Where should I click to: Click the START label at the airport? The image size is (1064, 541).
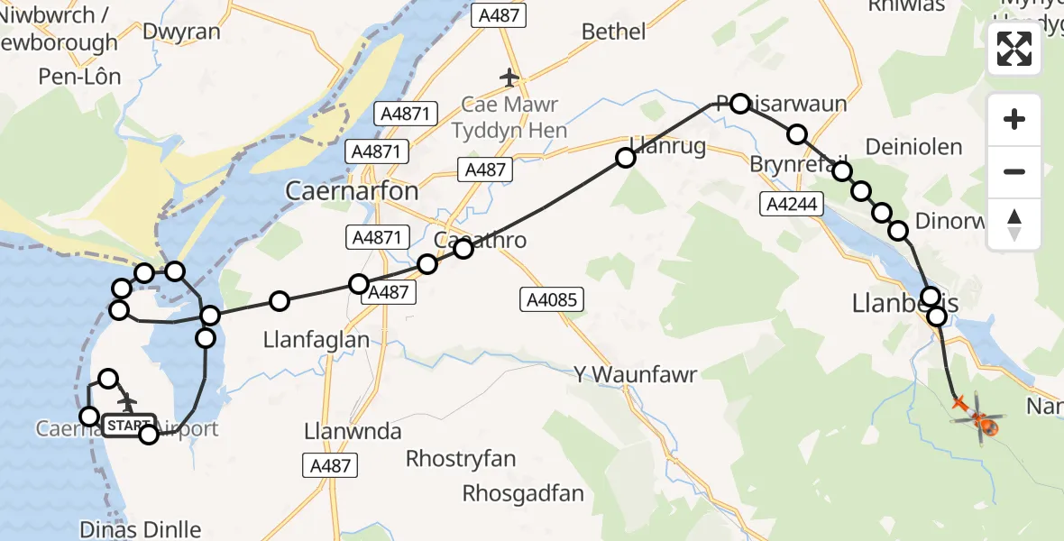click(129, 425)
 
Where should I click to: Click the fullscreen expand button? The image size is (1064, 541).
click(1014, 49)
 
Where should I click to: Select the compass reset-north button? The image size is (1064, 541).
click(1014, 224)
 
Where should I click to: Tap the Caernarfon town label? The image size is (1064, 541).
click(352, 191)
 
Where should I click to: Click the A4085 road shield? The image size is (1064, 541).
click(552, 301)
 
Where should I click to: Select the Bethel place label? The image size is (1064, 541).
click(614, 32)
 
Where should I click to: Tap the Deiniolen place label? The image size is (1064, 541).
click(913, 147)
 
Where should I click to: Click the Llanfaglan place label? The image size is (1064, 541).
click(316, 340)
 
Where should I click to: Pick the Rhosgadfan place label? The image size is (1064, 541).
click(523, 493)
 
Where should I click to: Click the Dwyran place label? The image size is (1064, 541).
click(180, 32)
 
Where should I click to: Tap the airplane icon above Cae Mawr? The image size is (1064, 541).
click(509, 78)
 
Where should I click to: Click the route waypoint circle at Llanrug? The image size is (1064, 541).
click(626, 159)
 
